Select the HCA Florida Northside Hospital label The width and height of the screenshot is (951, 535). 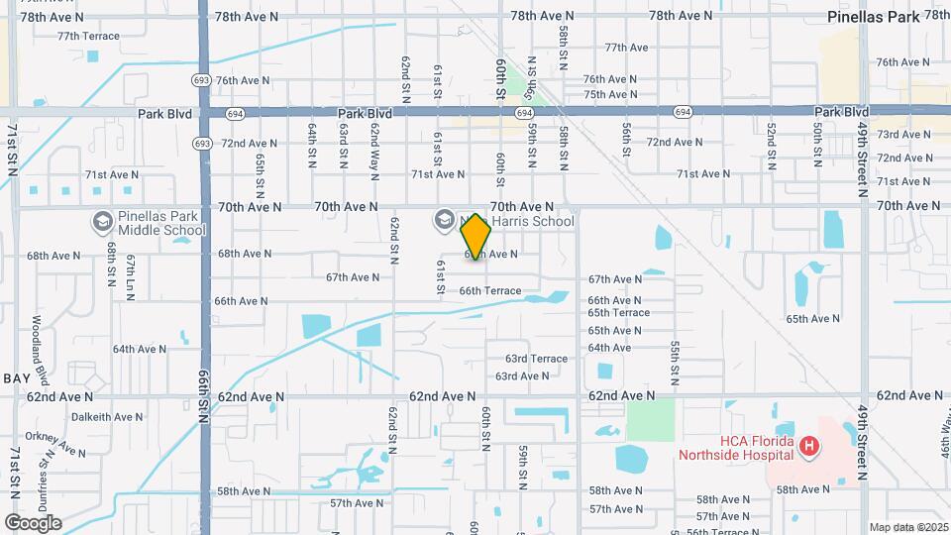pos(736,447)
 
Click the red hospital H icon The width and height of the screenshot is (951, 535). pos(809,447)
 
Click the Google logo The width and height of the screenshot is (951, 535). pos(33,522)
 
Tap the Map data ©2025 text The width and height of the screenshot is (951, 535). pos(907,527)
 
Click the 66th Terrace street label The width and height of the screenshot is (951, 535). pos(489,290)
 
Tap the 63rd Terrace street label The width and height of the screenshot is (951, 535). pos(536,359)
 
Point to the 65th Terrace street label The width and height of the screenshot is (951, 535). pos(618,313)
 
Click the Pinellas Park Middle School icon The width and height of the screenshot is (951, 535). pos(101,222)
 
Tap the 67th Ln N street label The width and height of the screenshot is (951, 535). pos(130,277)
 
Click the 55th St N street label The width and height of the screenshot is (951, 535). pos(674,364)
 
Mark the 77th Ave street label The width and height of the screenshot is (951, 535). pos(626,48)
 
